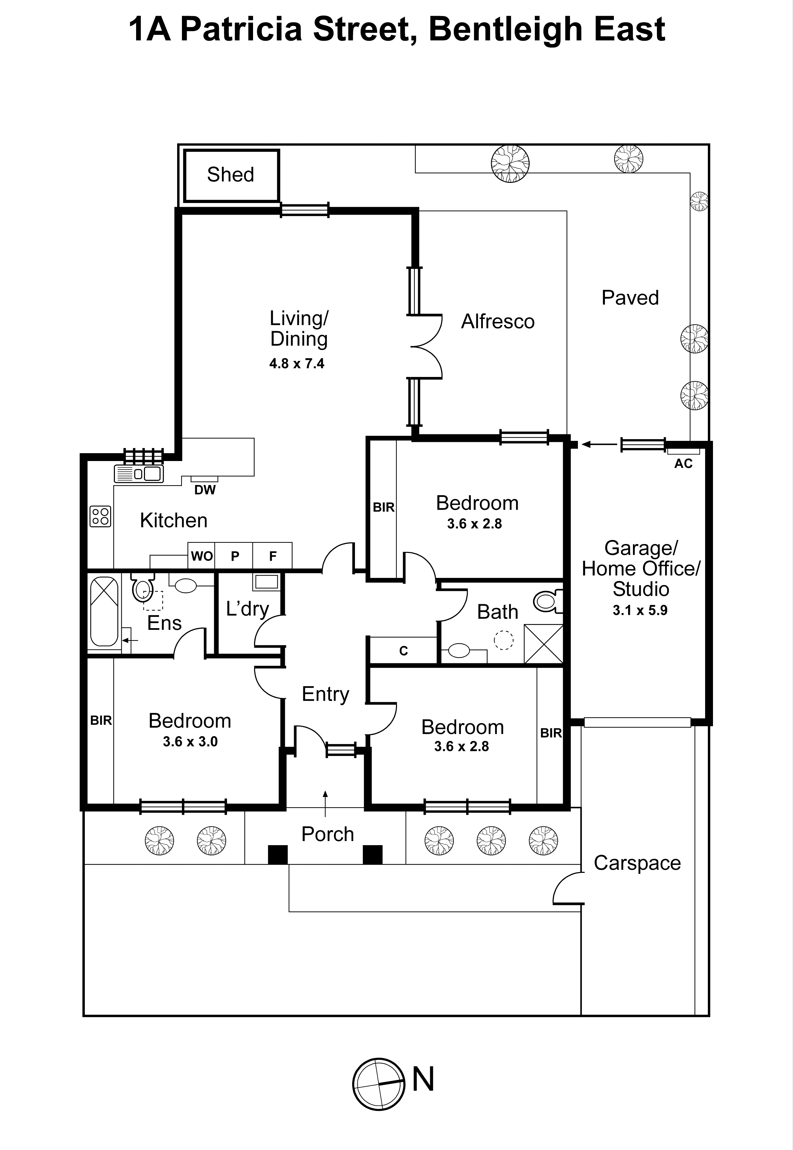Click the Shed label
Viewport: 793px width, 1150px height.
pos(230,175)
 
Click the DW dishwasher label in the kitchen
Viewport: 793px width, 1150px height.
pos(205,490)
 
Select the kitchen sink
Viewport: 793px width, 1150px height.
pos(138,473)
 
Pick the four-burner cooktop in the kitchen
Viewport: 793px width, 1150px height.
pos(101,516)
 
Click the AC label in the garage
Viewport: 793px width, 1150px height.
pos(683,464)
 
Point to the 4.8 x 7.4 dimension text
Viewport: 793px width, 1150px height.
pos(296,364)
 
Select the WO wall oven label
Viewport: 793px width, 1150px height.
pos(202,556)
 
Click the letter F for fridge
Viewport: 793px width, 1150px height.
pos(272,556)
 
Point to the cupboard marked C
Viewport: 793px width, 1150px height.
pos(404,650)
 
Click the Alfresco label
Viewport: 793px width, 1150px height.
pos(498,322)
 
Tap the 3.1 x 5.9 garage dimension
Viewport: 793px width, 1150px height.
pos(639,610)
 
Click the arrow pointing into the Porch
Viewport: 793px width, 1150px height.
pos(326,803)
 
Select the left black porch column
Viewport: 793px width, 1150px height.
pos(278,855)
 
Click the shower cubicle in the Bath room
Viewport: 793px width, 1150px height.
pos(544,644)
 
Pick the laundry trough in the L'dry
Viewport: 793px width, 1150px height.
pos(266,582)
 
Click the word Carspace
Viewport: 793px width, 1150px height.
pos(637,863)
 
